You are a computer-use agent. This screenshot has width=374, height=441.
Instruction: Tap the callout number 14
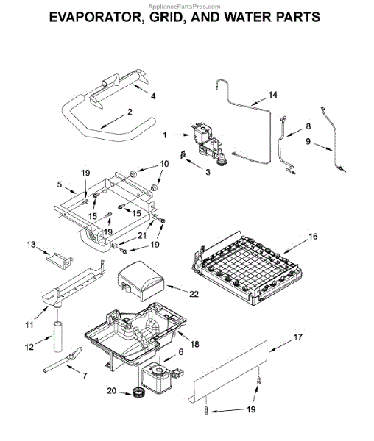pos(272,95)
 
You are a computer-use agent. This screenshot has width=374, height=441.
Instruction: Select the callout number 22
pos(194,294)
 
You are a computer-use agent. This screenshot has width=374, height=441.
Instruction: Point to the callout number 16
pos(313,236)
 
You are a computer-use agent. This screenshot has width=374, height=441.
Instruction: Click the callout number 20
pos(111,391)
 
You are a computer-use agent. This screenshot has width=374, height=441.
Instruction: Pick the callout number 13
pos(31,245)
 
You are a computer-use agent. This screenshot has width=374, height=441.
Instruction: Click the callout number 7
pos(85,376)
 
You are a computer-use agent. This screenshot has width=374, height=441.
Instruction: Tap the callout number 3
pos(208,172)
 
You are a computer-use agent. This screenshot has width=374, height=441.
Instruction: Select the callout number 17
pos(297,337)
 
